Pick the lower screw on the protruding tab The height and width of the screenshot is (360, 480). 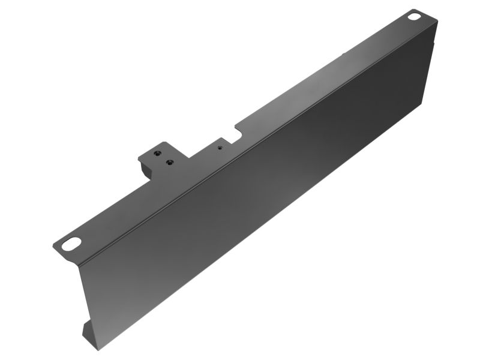[x=170, y=161]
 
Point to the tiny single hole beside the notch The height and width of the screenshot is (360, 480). [x=220, y=146]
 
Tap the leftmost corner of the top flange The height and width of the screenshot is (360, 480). [x=53, y=245]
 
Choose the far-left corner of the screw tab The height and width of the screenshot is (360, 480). [x=139, y=158]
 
